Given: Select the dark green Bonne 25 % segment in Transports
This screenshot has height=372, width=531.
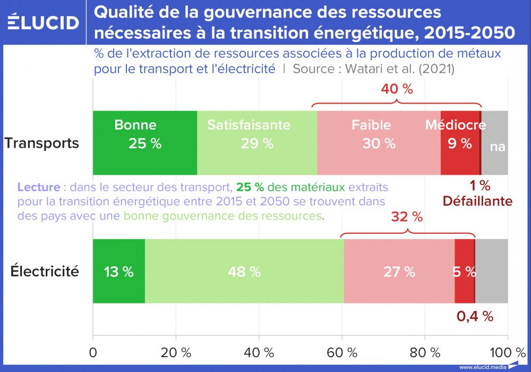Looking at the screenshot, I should click(x=144, y=142).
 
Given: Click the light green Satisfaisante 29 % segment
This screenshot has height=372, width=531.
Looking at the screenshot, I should click(x=257, y=142).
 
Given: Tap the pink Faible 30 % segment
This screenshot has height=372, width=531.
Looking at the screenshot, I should click(x=379, y=142).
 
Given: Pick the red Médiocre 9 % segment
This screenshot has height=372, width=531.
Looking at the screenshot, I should click(x=460, y=142).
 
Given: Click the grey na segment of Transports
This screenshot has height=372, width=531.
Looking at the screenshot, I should click(x=495, y=142).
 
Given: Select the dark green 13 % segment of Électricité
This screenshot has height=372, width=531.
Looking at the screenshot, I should click(x=119, y=271).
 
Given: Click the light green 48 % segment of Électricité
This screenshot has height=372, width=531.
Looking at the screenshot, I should click(x=244, y=271).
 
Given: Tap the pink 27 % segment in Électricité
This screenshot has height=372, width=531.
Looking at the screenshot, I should click(x=399, y=271).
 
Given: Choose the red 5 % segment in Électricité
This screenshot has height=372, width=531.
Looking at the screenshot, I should click(x=464, y=271).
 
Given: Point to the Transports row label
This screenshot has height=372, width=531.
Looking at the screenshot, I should click(x=42, y=143).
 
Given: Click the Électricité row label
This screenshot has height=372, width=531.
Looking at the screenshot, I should click(x=45, y=272).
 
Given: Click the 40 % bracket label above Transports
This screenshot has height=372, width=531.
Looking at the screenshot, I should click(x=397, y=89).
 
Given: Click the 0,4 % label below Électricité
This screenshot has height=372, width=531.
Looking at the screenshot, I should click(x=475, y=316).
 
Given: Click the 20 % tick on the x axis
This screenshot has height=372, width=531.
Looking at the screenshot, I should click(x=175, y=352).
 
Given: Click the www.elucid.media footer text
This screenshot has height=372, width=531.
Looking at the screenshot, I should click(x=482, y=367).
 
